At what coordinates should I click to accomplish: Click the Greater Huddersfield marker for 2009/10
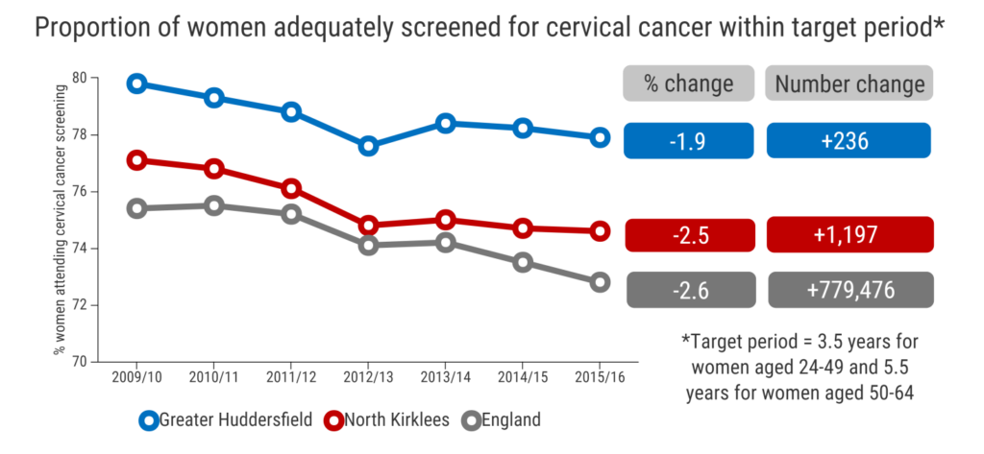click(x=137, y=84)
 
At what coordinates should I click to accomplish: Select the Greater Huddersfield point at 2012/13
click(x=369, y=146)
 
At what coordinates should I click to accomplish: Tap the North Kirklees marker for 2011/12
click(x=292, y=187)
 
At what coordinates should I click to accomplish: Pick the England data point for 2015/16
click(x=601, y=282)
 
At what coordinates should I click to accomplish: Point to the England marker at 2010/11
click(x=214, y=205)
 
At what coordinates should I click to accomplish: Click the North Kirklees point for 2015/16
click(x=601, y=230)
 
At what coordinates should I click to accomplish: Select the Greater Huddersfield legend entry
click(x=225, y=419)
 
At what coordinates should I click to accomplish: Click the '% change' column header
click(x=688, y=84)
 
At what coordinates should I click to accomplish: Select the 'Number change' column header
click(x=849, y=84)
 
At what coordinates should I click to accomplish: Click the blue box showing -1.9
click(x=688, y=141)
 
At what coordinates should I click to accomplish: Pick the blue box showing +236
click(x=849, y=141)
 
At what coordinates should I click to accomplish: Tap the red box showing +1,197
click(x=849, y=235)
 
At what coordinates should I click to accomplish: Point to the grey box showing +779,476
click(x=849, y=290)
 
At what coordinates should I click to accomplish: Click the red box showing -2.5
click(x=688, y=235)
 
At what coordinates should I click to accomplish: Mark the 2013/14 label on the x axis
click(x=446, y=378)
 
